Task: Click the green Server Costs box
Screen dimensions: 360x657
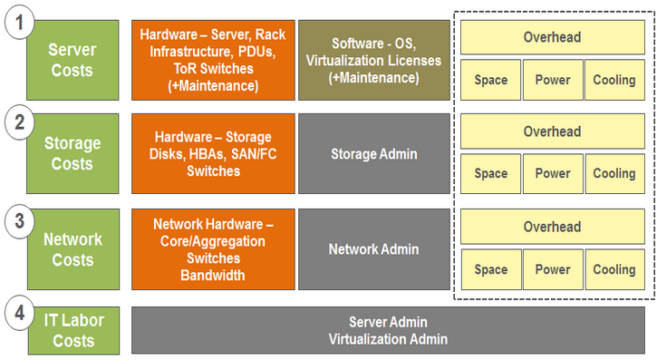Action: tap(73, 59)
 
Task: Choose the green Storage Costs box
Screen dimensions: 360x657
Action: tap(73, 154)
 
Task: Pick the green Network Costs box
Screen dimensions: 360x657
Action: tap(73, 250)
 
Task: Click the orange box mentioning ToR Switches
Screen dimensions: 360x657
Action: tap(213, 59)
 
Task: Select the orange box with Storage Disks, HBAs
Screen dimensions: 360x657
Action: tap(213, 154)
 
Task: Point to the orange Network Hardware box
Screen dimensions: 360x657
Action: tap(213, 249)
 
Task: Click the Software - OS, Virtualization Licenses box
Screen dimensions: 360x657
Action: tap(373, 59)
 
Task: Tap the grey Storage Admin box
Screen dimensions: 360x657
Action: tap(373, 154)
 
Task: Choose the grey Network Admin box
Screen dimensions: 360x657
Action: tap(373, 249)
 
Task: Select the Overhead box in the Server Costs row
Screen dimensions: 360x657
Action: tap(552, 37)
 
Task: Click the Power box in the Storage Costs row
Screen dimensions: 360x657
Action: tap(552, 173)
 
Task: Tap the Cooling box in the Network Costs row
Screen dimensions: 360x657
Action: tap(614, 269)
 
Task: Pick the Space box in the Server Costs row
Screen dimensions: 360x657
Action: tap(490, 80)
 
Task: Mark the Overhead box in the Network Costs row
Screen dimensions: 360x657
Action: tap(552, 227)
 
